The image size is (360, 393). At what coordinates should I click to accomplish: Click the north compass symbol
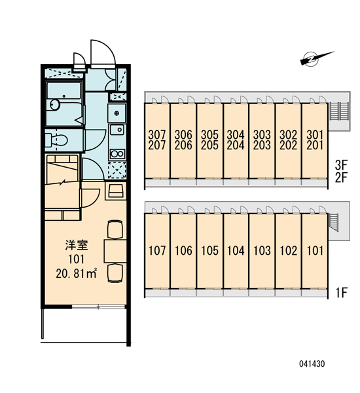click(x=317, y=58)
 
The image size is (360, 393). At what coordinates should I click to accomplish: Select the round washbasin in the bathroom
click(x=55, y=105)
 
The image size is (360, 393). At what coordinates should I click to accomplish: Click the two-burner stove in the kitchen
click(x=117, y=154)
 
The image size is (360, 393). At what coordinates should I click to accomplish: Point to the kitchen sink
click(x=117, y=130)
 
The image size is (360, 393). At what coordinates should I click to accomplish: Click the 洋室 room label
click(x=77, y=246)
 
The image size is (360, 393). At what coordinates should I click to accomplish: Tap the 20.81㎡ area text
click(x=76, y=274)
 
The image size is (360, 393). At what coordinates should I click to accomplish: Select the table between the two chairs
click(x=115, y=251)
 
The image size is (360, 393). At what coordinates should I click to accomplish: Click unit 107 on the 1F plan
click(x=157, y=251)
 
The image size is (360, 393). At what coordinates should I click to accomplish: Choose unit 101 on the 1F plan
click(x=315, y=251)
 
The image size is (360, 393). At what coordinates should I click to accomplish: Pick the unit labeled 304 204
click(x=236, y=140)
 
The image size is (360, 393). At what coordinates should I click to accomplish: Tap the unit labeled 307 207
click(x=157, y=140)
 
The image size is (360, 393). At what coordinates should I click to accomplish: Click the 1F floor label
click(x=341, y=292)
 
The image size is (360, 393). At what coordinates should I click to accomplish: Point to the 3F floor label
click(x=341, y=165)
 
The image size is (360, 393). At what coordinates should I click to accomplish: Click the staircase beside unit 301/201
click(x=339, y=111)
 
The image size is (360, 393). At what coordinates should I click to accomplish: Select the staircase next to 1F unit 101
click(x=334, y=222)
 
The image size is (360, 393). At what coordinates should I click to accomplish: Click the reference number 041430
click(x=312, y=364)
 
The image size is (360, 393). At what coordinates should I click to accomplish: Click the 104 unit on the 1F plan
click(x=236, y=251)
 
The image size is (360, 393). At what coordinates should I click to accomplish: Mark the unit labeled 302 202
click(x=289, y=140)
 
